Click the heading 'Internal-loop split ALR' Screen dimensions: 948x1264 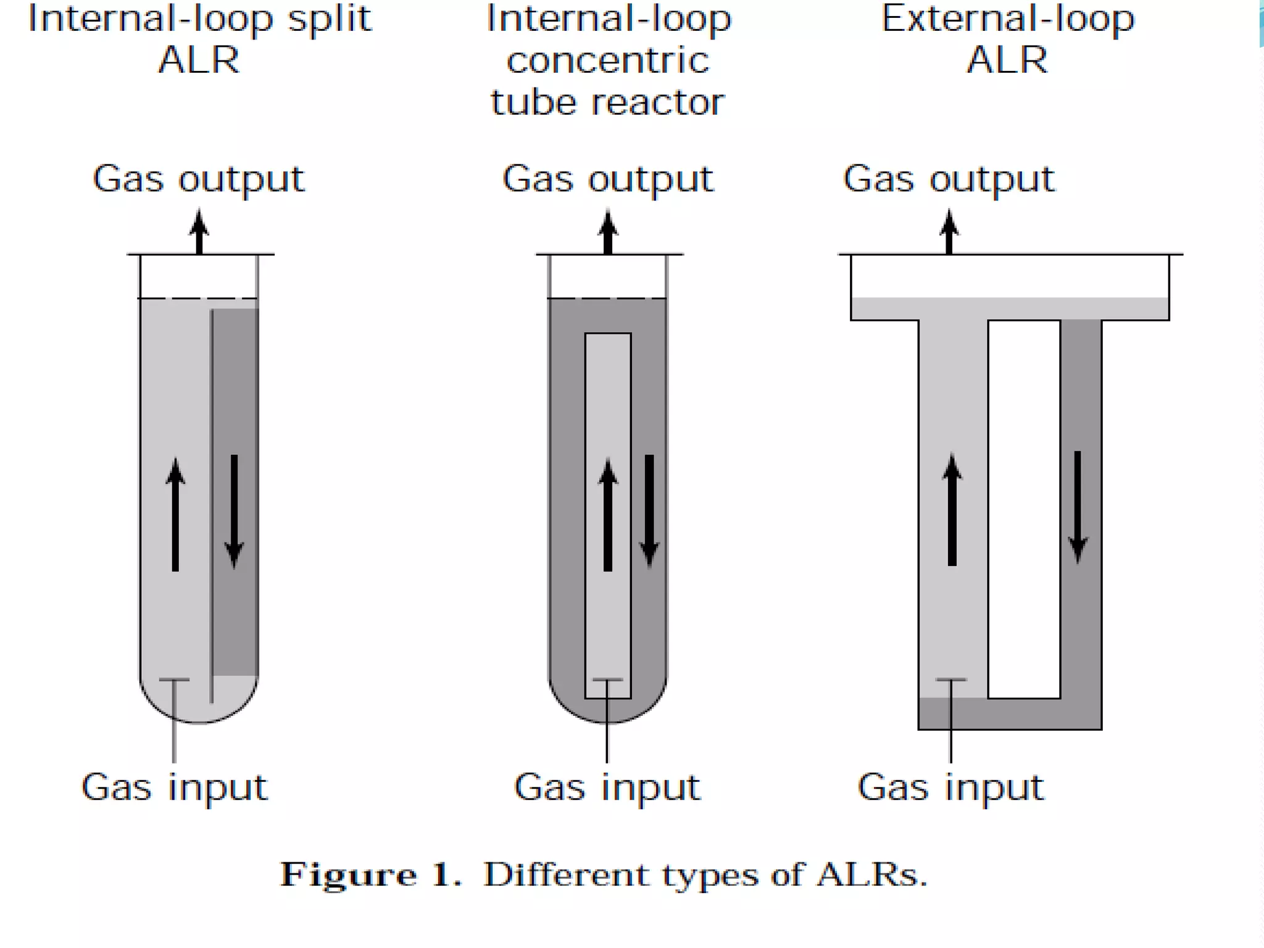click(x=199, y=39)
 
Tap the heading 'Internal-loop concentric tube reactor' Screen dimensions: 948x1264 click(x=608, y=60)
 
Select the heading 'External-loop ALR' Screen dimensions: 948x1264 click(x=1007, y=39)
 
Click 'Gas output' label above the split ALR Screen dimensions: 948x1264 click(x=198, y=180)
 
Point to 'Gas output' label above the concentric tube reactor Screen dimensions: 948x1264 click(x=608, y=180)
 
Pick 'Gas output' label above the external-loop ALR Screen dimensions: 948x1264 click(x=949, y=180)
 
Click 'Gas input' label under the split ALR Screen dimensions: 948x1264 click(x=175, y=788)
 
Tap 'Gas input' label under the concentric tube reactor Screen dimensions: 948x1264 click(x=607, y=788)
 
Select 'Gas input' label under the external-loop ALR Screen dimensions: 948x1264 click(x=950, y=788)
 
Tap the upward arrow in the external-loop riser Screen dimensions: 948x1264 click(x=952, y=509)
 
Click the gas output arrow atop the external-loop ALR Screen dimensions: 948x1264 click(x=949, y=232)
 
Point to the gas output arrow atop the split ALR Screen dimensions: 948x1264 click(x=199, y=232)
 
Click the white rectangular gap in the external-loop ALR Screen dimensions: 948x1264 click(x=1024, y=509)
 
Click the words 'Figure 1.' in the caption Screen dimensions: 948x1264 click(x=370, y=875)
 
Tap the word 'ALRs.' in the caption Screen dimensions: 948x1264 click(x=871, y=875)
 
